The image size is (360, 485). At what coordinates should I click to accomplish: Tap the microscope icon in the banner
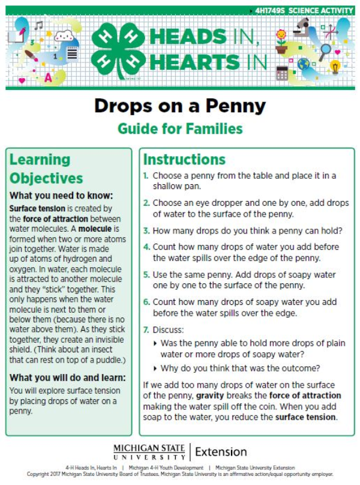(303, 29)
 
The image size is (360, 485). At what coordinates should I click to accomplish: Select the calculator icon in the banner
(281, 73)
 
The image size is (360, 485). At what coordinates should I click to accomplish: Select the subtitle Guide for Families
(180, 128)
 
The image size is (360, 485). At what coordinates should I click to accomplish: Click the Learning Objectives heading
(46, 169)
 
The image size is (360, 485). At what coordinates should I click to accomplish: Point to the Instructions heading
(184, 160)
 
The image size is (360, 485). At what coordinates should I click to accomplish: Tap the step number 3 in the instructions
(146, 230)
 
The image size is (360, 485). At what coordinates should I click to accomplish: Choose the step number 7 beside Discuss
(146, 330)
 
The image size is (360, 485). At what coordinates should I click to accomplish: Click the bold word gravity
(210, 396)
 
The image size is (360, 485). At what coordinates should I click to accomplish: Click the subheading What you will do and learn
(68, 377)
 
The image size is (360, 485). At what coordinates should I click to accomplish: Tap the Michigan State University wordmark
(151, 451)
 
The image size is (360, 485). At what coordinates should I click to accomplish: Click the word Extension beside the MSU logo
(221, 451)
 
